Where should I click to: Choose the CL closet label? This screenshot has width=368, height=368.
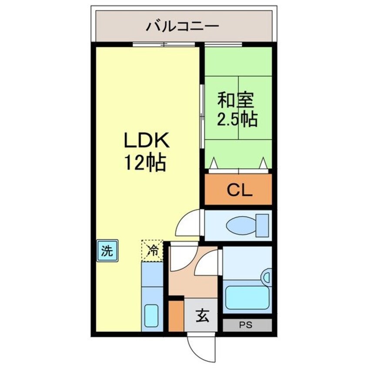click(238, 190)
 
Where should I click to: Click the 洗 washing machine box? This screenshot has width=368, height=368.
click(107, 251)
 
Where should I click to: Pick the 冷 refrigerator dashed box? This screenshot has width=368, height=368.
click(152, 250)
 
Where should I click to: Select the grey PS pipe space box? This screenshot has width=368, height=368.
click(247, 325)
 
